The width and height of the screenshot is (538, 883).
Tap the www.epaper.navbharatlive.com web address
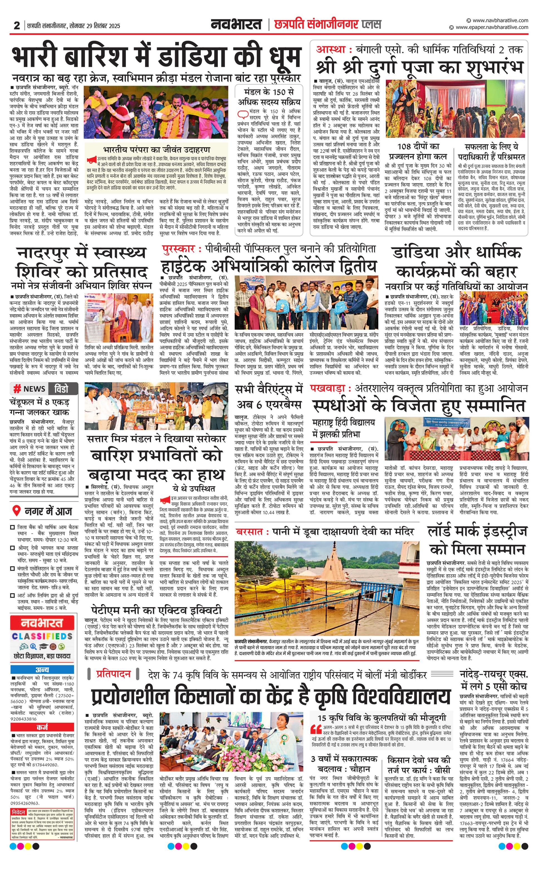click(492, 27)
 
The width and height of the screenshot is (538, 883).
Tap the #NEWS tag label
click(30, 389)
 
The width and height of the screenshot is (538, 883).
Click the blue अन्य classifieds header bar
click(42, 670)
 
